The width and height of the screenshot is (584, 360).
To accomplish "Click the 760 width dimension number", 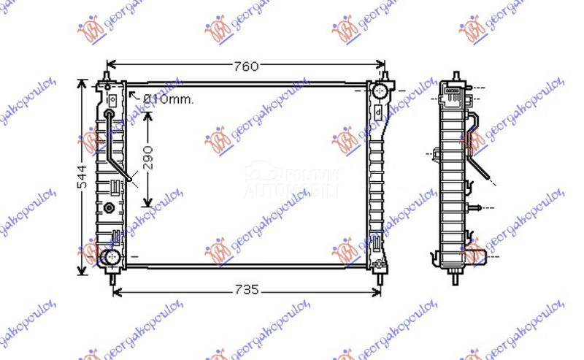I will click(247, 66).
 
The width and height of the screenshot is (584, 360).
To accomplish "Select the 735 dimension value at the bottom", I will click(247, 291).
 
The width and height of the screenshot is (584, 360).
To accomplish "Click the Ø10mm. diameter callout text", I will click(168, 99).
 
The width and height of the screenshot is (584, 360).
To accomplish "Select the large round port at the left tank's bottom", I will click(110, 256).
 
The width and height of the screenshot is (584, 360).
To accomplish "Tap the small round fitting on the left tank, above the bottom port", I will click(109, 207).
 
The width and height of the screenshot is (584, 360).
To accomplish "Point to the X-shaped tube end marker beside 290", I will click(129, 176).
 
